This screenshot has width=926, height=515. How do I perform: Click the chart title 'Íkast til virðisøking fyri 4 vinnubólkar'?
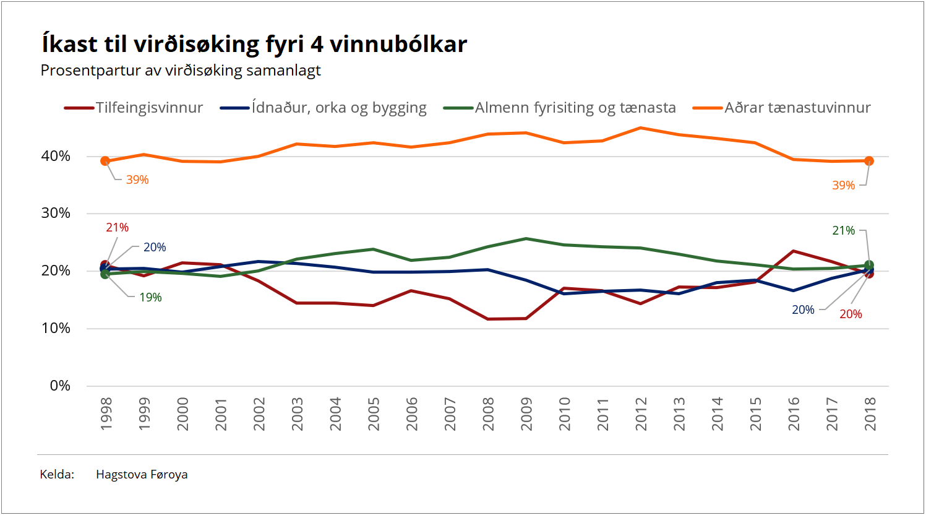click(254, 45)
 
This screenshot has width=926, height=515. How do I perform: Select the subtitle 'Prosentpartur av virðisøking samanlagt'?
click(181, 71)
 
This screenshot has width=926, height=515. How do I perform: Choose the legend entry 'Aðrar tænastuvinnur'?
click(797, 108)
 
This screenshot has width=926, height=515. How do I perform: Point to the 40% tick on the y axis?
click(56, 156)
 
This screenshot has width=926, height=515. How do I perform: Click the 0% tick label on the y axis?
click(60, 386)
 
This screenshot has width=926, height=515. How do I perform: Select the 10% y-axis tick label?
click(56, 328)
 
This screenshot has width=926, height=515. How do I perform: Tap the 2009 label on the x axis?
click(526, 414)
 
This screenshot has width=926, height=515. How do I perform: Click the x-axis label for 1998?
click(106, 414)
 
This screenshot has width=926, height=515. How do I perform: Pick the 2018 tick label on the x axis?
click(870, 414)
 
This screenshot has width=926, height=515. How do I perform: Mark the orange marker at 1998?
click(105, 161)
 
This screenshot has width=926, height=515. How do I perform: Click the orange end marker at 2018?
click(869, 161)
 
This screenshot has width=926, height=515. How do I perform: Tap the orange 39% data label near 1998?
click(137, 180)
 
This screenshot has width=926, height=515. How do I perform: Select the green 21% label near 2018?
click(843, 231)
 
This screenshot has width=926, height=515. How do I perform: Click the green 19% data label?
click(150, 298)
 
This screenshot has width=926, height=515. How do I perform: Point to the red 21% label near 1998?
click(117, 228)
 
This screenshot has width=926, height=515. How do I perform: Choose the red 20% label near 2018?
click(851, 314)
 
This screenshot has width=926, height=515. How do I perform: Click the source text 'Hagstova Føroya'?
click(142, 475)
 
